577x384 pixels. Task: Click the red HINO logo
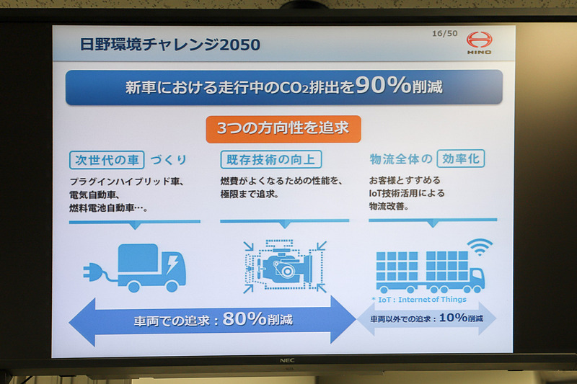(479, 41)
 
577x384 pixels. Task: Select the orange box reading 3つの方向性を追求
(283, 128)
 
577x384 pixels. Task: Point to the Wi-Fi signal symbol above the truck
(480, 247)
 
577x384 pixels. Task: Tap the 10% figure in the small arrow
(452, 318)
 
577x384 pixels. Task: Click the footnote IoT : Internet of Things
(419, 299)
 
